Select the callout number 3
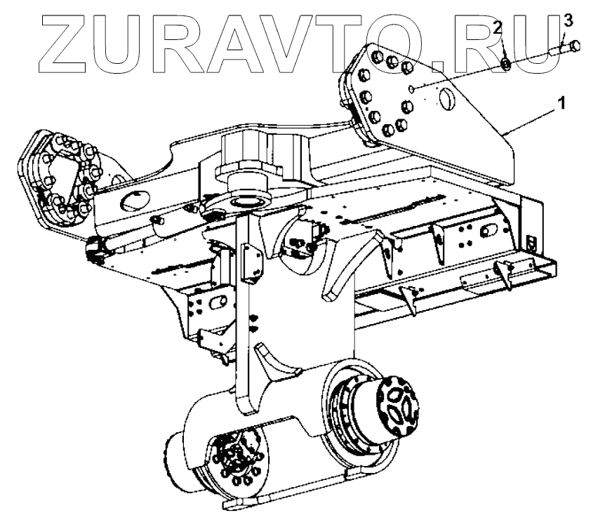[568, 20]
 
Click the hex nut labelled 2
[505, 64]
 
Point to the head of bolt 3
[574, 46]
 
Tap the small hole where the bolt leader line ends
[414, 88]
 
